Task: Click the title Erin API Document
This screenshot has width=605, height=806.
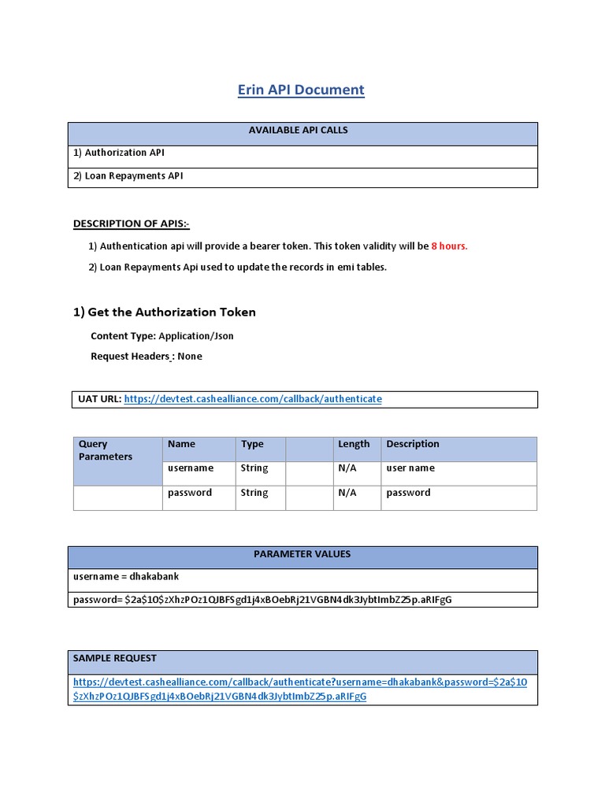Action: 301,90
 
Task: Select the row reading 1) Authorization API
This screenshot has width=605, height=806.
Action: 125,153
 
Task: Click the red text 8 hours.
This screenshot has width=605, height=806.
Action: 449,246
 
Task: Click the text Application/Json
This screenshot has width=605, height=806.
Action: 196,336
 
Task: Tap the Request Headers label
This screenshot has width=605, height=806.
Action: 130,357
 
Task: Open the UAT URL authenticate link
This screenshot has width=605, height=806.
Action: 253,399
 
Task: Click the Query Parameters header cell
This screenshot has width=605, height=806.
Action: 106,450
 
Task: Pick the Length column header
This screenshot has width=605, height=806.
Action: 354,444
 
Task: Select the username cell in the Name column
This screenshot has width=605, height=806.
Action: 191,468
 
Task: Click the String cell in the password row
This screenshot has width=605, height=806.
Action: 254,493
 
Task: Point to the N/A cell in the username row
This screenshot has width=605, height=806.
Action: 347,468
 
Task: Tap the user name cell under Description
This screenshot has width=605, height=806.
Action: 410,468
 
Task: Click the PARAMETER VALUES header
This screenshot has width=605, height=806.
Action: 302,554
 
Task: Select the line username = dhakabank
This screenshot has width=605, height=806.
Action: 126,577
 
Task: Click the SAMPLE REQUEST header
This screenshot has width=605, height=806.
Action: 115,658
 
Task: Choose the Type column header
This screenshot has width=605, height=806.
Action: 252,444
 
